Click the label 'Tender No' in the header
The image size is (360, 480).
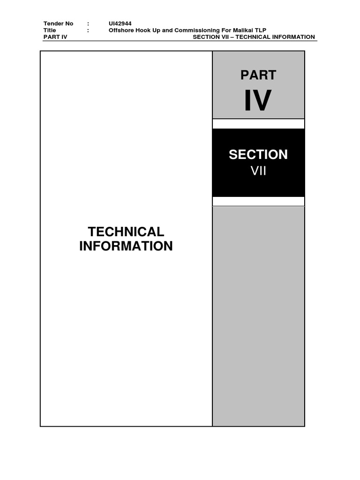tap(58, 23)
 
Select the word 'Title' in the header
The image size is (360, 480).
tap(50, 30)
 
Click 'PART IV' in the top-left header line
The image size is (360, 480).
tap(55, 37)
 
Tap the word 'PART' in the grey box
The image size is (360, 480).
tap(258, 75)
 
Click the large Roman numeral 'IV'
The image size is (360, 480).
tap(258, 100)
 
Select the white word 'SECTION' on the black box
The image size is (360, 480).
tap(258, 155)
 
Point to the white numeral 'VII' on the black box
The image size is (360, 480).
tap(258, 171)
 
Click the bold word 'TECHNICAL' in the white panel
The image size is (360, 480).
tap(126, 232)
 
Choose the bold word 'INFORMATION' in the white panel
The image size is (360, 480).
tap(126, 246)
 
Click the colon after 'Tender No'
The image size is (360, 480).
tap(88, 23)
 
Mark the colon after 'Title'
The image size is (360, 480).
tap(88, 30)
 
